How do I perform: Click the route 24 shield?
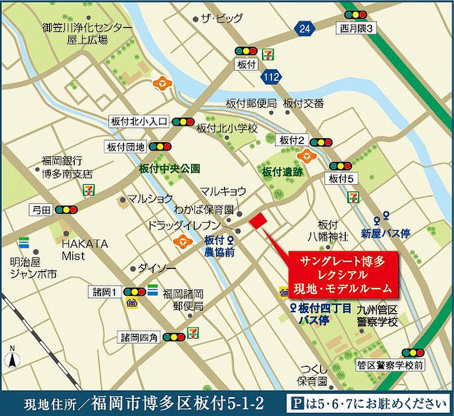304,29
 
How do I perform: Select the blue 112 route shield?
269,77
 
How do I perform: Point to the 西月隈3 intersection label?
356,29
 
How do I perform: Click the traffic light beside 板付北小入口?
183,122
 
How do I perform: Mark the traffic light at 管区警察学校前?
413,353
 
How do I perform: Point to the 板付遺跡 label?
282,172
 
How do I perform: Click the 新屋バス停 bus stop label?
385,233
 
